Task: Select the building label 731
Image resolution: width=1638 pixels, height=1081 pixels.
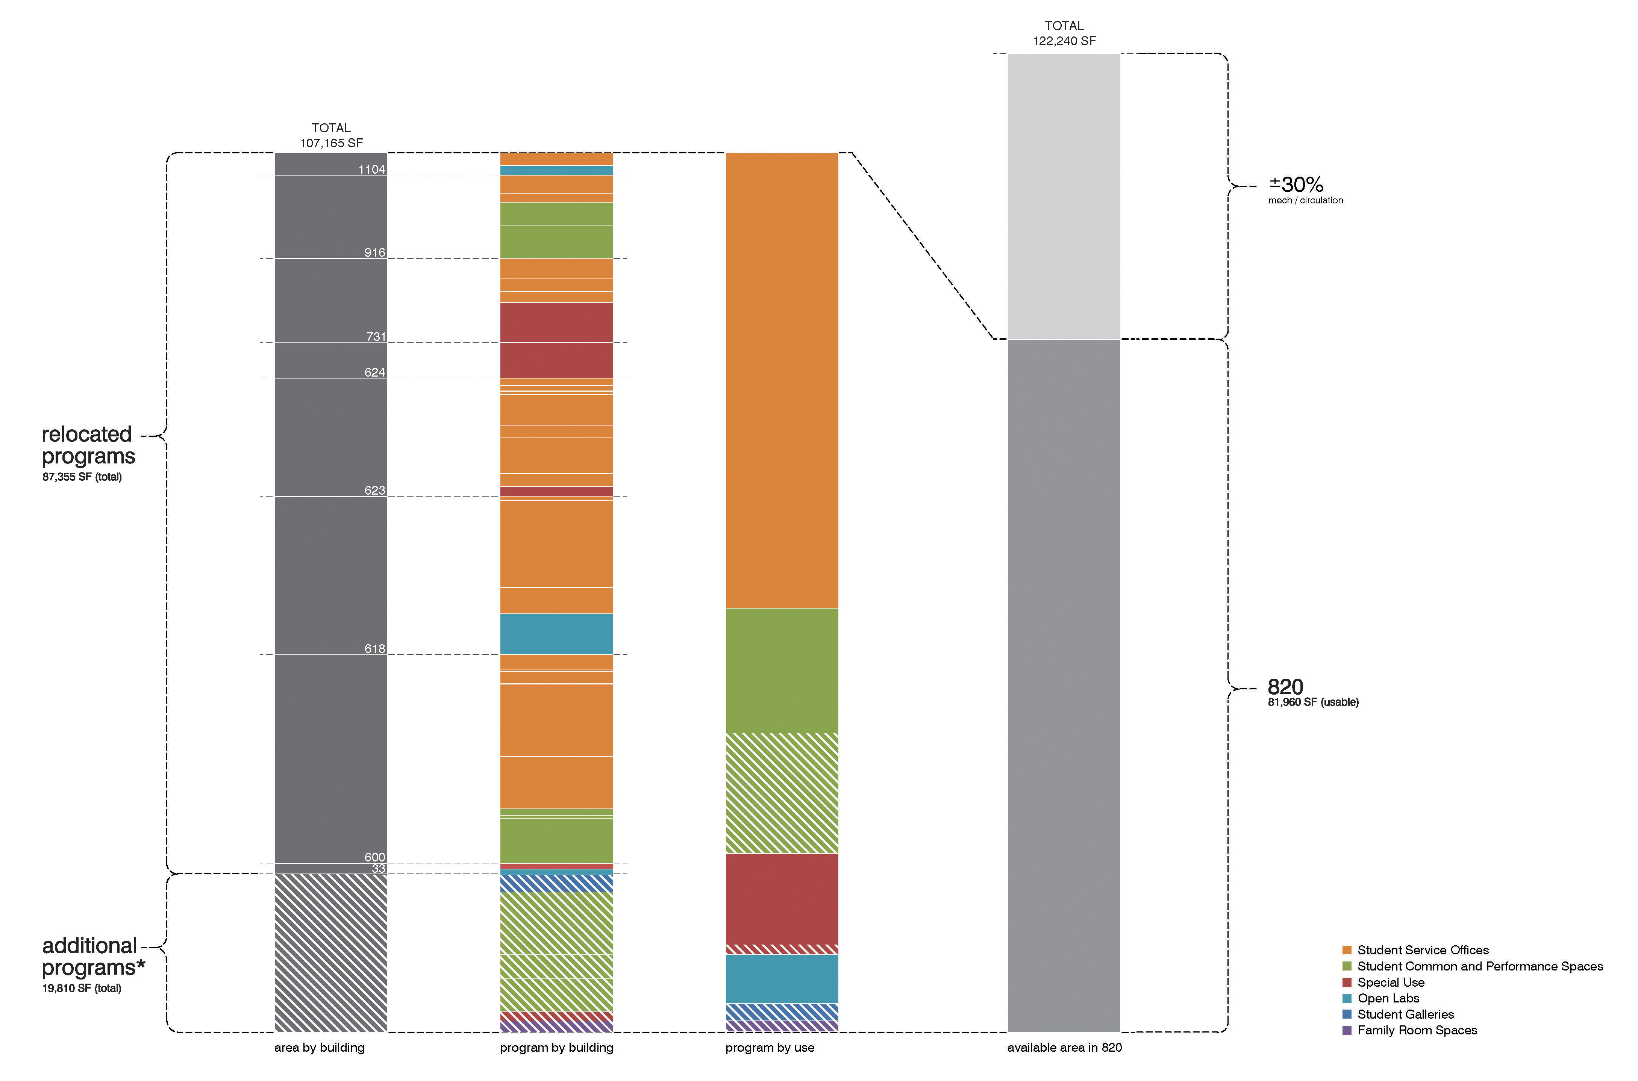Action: (x=375, y=336)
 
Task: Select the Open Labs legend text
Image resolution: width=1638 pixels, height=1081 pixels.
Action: (x=1388, y=998)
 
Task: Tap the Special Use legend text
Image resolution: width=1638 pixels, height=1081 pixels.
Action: (x=1391, y=983)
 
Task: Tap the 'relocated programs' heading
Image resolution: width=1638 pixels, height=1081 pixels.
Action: (x=88, y=445)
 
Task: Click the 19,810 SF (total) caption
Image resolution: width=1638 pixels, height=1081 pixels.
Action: (x=81, y=988)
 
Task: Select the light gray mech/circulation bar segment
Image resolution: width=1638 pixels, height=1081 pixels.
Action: (x=1064, y=197)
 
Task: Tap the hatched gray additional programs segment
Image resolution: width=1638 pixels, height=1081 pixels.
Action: (x=331, y=953)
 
